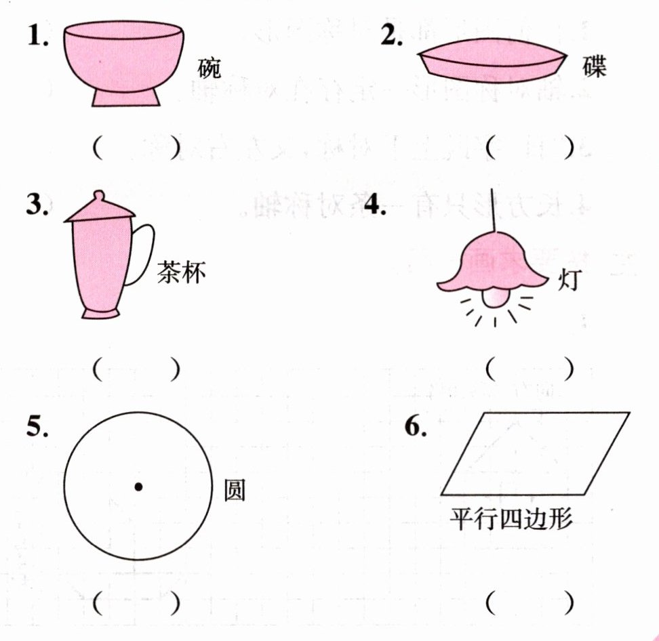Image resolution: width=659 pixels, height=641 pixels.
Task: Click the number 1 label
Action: point(38,35)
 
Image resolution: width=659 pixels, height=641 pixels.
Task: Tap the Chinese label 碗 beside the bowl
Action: point(209,68)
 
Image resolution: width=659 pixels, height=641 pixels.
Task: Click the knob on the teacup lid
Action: point(98,197)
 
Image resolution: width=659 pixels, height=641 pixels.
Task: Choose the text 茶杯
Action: point(182,272)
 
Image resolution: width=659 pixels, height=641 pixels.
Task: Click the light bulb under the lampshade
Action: point(494,298)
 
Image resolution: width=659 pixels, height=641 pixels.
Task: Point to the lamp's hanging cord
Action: point(493,210)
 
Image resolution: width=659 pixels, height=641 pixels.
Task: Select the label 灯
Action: point(570,279)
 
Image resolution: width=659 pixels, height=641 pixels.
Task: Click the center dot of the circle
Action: point(138,487)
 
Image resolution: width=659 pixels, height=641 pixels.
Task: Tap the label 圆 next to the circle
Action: point(235,490)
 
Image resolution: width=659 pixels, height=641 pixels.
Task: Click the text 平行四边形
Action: point(511,519)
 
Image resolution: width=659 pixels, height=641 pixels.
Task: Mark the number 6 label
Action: point(416,426)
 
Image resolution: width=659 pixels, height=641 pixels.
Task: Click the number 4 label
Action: point(375,205)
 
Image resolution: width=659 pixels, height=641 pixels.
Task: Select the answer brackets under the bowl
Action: point(137,148)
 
